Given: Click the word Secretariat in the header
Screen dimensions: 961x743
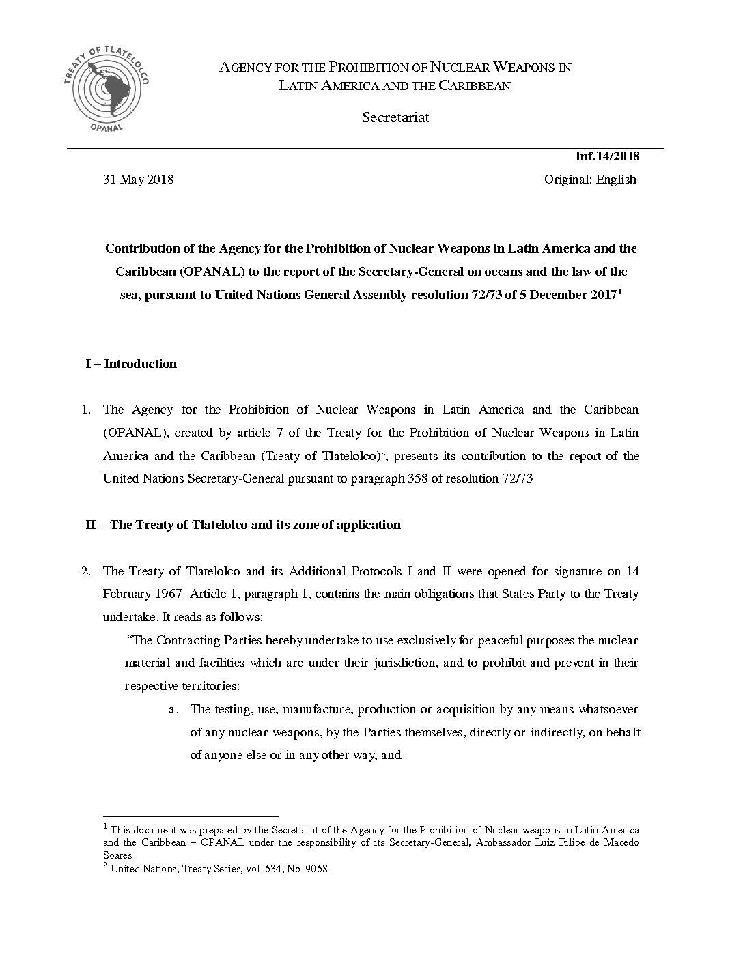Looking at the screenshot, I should tap(395, 117).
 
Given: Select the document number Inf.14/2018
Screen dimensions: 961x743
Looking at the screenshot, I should tap(607, 156).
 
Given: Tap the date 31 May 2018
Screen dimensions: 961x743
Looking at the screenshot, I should tap(138, 180).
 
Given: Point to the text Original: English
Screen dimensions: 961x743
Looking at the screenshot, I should tap(590, 180).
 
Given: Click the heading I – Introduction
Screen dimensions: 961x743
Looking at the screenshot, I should tap(131, 364).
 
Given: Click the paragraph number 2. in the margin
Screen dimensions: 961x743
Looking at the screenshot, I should tap(86, 571).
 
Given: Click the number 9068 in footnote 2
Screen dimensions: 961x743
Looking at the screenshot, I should tap(318, 870).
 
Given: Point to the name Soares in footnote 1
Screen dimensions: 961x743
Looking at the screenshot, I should tap(117, 855).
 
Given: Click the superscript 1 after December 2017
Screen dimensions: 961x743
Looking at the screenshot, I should tap(619, 291).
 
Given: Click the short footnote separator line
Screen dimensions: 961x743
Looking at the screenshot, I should tap(191, 816).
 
